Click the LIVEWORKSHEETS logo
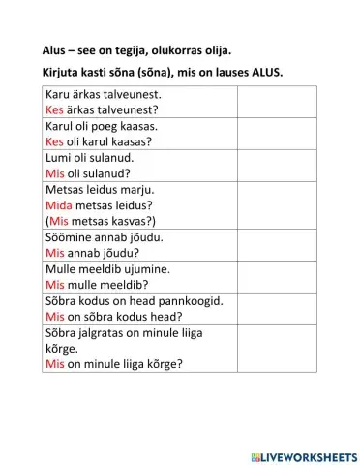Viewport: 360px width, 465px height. (x=302, y=454)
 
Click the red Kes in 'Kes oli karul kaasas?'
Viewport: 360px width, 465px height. (x=54, y=142)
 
